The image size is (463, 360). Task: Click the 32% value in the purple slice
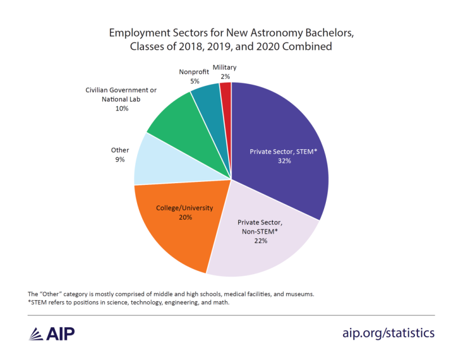283,161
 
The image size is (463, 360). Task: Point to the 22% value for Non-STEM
260,241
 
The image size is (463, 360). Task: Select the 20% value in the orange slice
186,217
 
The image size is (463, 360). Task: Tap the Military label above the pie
225,68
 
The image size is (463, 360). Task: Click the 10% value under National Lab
121,108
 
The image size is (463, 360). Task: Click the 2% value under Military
225,77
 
